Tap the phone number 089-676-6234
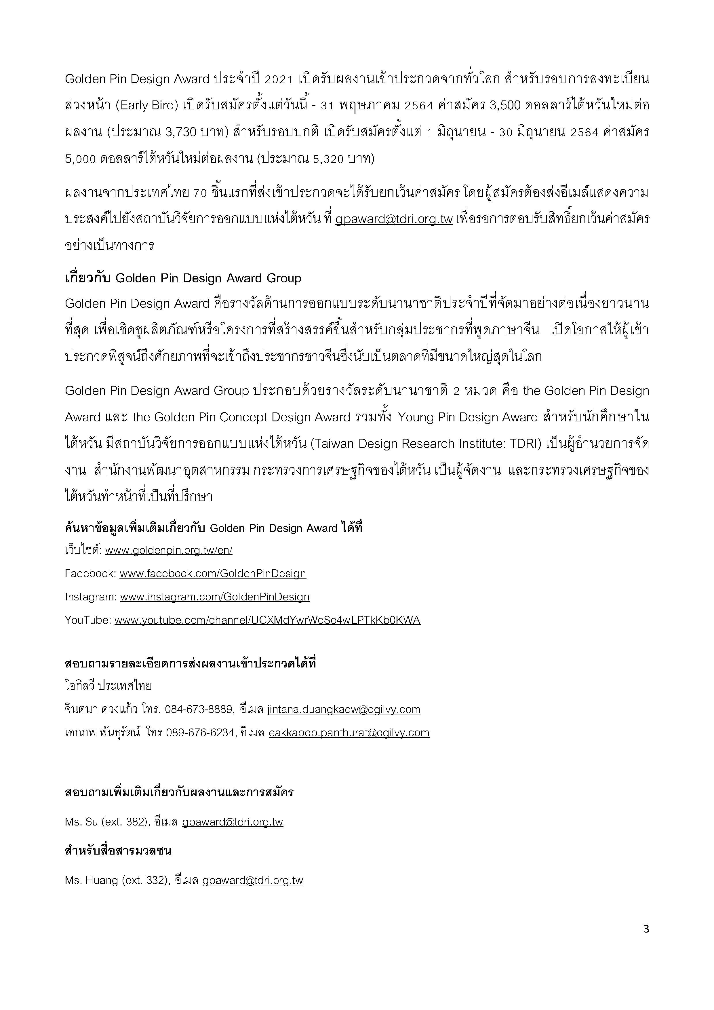point(200,733)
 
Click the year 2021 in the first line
point(279,79)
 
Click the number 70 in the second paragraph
point(200,193)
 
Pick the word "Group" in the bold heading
point(284,278)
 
